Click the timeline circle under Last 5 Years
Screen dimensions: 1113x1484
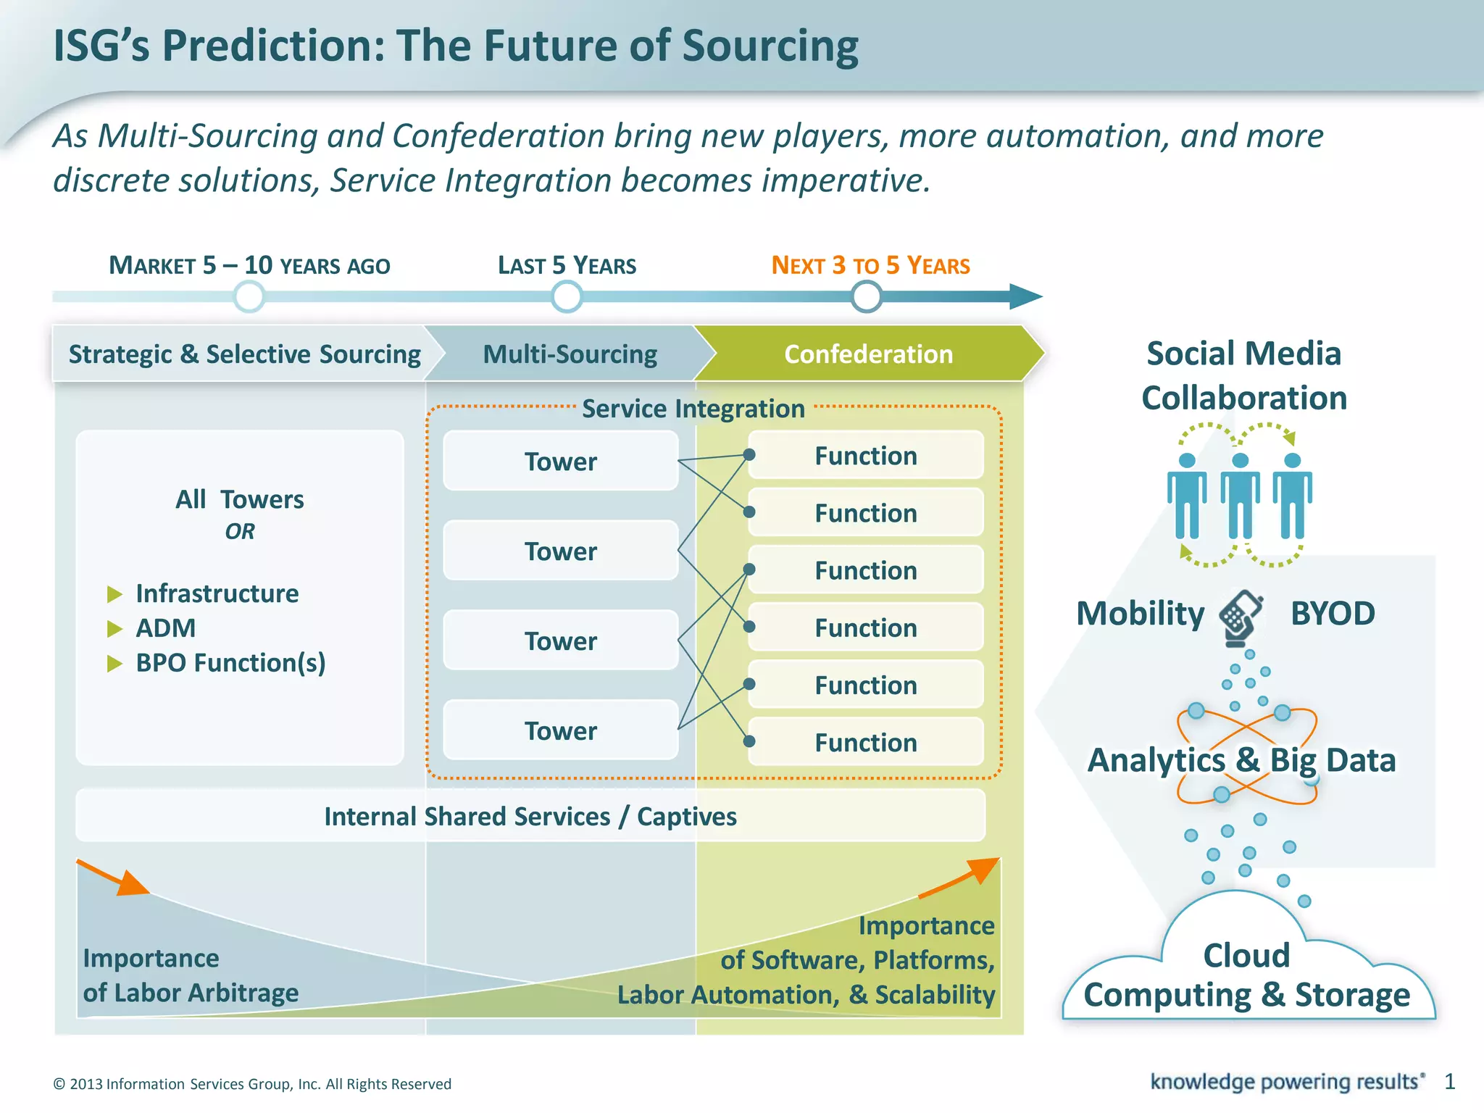[566, 296]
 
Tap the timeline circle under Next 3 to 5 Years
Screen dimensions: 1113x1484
[866, 296]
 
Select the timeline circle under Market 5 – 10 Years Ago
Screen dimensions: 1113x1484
[249, 296]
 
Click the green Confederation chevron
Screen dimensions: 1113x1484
[868, 354]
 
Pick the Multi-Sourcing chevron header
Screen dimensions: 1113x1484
[570, 354]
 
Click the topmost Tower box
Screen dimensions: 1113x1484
[560, 461]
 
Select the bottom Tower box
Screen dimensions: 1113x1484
[560, 730]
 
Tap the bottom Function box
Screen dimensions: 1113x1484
[865, 742]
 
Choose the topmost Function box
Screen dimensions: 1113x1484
[865, 456]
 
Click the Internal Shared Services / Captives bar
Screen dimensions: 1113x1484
[530, 816]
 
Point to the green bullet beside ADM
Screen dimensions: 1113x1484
[114, 628]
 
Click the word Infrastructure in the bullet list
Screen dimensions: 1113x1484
[217, 593]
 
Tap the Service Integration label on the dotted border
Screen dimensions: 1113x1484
[693, 409]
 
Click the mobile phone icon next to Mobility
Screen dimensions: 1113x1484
[1241, 617]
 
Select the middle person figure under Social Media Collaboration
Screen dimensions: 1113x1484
[1240, 496]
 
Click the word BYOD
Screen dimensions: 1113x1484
[1333, 614]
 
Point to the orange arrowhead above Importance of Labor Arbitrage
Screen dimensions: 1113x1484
[132, 883]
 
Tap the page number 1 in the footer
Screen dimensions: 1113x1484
[1449, 1082]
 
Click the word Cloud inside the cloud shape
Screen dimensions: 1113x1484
[1246, 955]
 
